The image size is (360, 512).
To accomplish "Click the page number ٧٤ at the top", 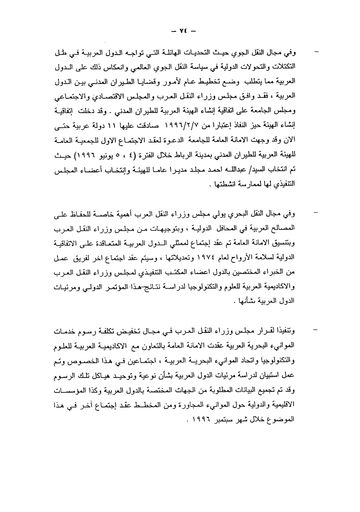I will tap(180, 28).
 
